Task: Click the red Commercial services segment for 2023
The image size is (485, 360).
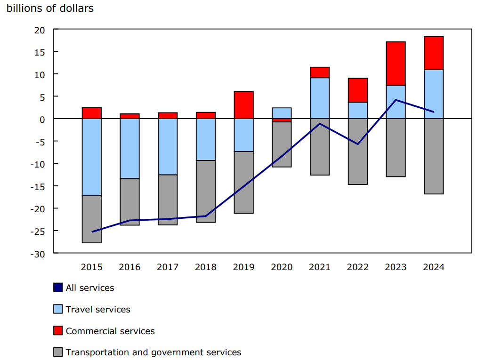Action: pyautogui.click(x=396, y=64)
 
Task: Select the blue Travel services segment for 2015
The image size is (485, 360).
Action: pyautogui.click(x=92, y=157)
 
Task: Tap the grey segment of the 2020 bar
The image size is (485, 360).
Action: pyautogui.click(x=282, y=144)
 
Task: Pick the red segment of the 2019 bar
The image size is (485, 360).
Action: pyautogui.click(x=244, y=105)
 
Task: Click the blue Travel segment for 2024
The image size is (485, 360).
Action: pyautogui.click(x=434, y=94)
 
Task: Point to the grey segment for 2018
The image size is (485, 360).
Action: pyautogui.click(x=206, y=191)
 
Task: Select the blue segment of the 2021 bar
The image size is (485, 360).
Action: pyautogui.click(x=320, y=98)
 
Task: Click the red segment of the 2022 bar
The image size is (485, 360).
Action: pyautogui.click(x=358, y=90)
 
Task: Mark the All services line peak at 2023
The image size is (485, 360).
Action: pyautogui.click(x=396, y=100)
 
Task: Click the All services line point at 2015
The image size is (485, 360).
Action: pyautogui.click(x=92, y=232)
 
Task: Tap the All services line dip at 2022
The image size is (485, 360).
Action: pyautogui.click(x=358, y=144)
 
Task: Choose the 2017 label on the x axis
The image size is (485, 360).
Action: pyautogui.click(x=168, y=267)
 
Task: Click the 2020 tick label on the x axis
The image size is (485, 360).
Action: pyautogui.click(x=282, y=267)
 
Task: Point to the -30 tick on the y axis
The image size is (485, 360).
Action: pyautogui.click(x=38, y=254)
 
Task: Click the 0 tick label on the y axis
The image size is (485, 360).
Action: pyautogui.click(x=42, y=119)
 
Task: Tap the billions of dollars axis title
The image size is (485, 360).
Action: pyautogui.click(x=50, y=8)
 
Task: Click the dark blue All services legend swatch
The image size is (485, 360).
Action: pyautogui.click(x=58, y=288)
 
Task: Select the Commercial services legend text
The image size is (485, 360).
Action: pyautogui.click(x=110, y=331)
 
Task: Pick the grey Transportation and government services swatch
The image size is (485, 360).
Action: pyautogui.click(x=58, y=352)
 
